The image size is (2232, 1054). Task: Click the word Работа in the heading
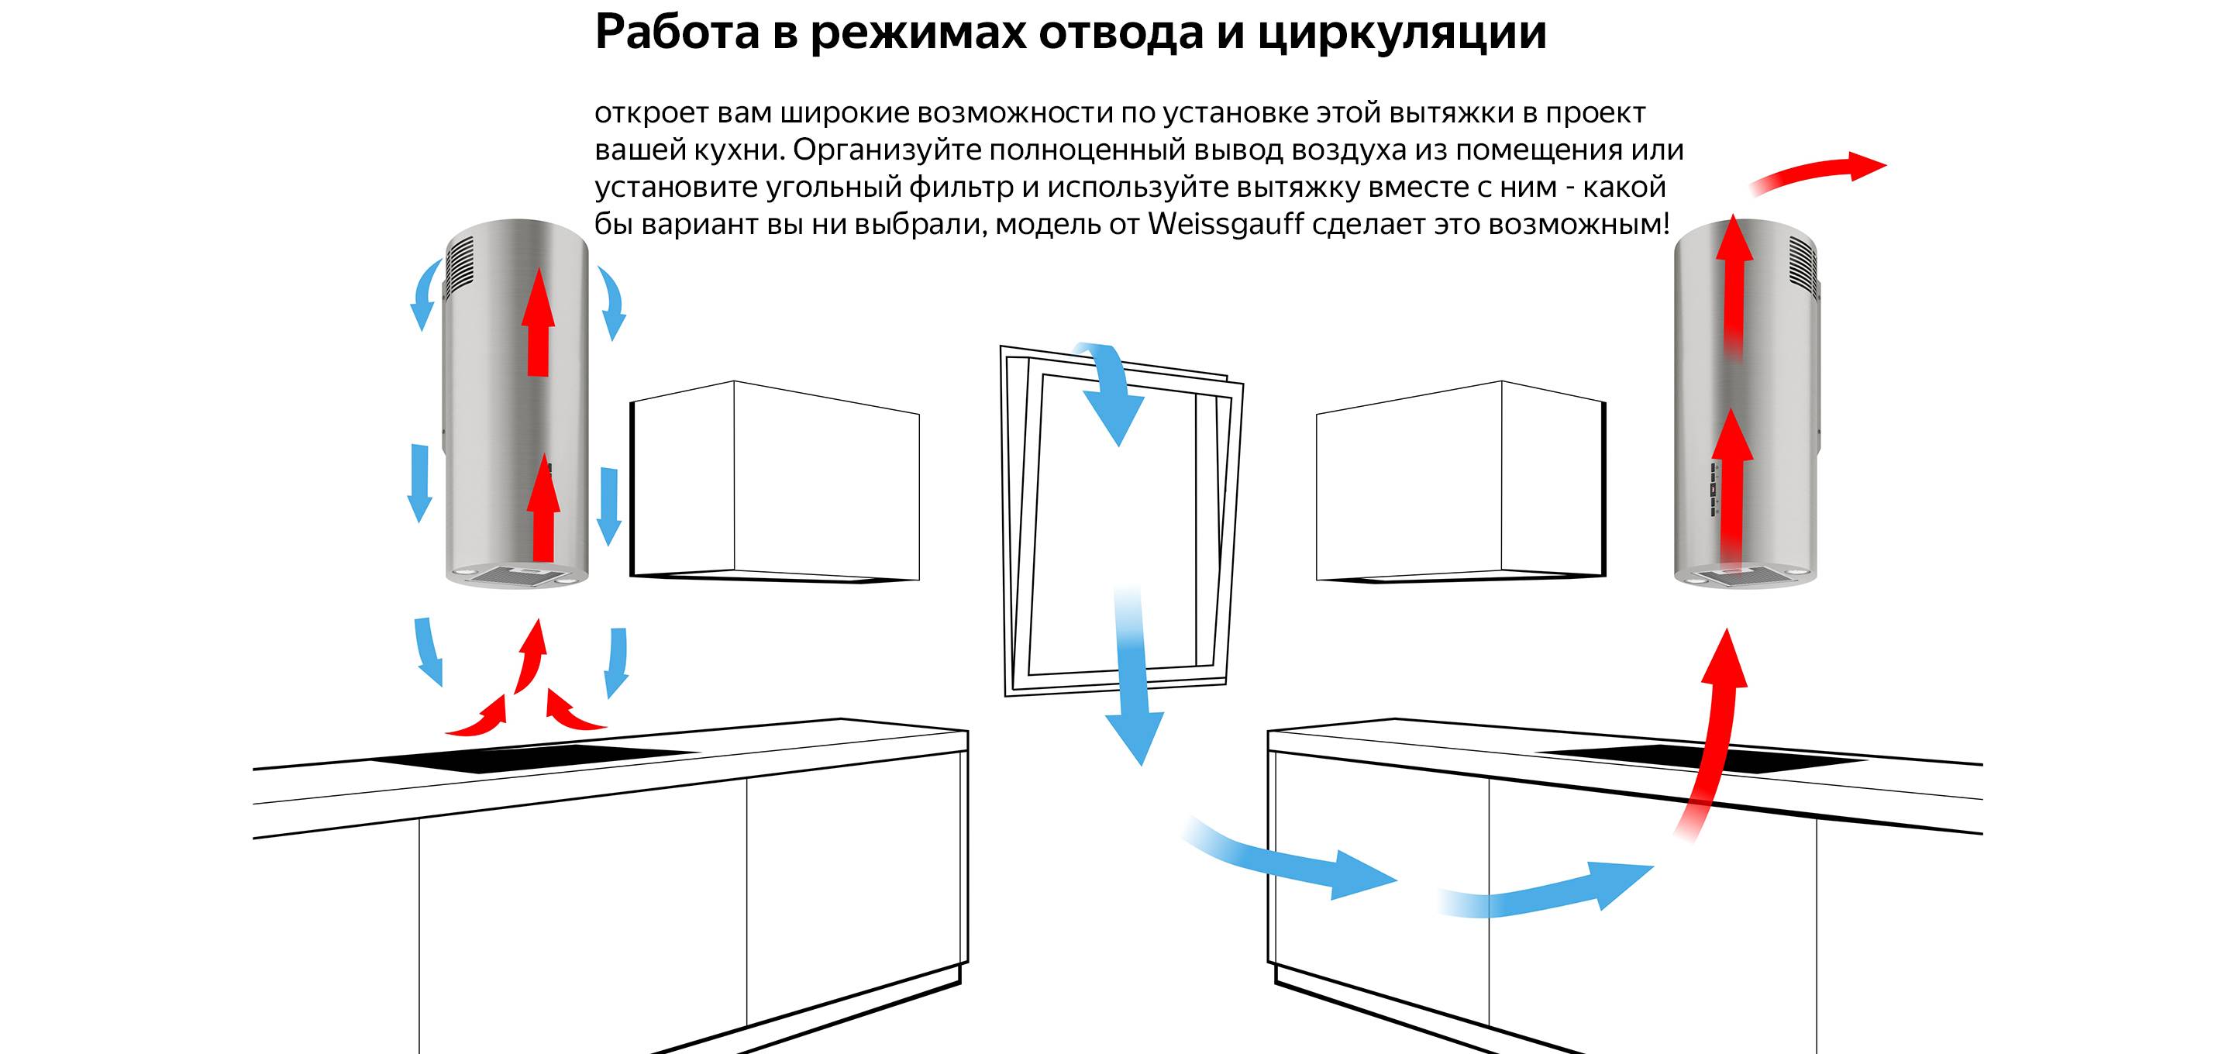(677, 33)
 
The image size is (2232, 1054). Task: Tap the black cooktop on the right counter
(1700, 759)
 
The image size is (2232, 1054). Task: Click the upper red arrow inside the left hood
(538, 321)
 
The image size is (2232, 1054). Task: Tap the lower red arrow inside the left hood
(543, 507)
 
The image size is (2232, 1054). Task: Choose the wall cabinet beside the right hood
(1462, 481)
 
